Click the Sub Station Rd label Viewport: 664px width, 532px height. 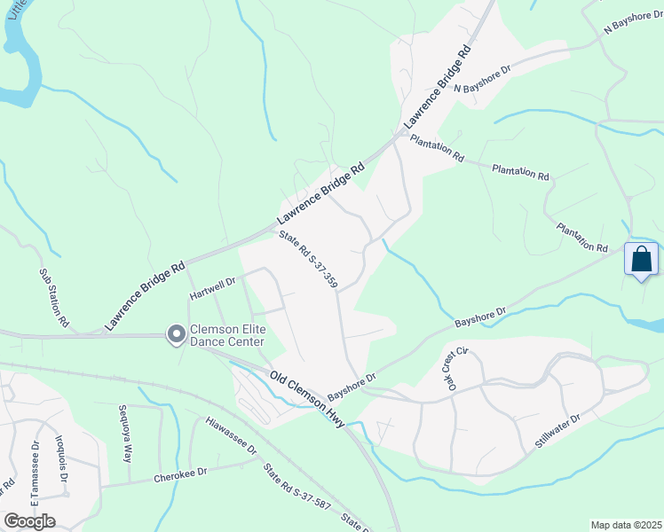[x=53, y=298]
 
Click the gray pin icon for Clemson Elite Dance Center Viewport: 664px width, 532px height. [x=176, y=334]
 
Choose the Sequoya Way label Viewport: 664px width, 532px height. [x=125, y=435]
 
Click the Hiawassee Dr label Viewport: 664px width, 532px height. [x=230, y=437]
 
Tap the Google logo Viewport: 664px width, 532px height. [x=29, y=521]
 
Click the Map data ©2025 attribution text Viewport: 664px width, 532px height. [x=626, y=525]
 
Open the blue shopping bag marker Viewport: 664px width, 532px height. [x=642, y=261]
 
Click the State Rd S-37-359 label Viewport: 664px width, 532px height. [x=308, y=260]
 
